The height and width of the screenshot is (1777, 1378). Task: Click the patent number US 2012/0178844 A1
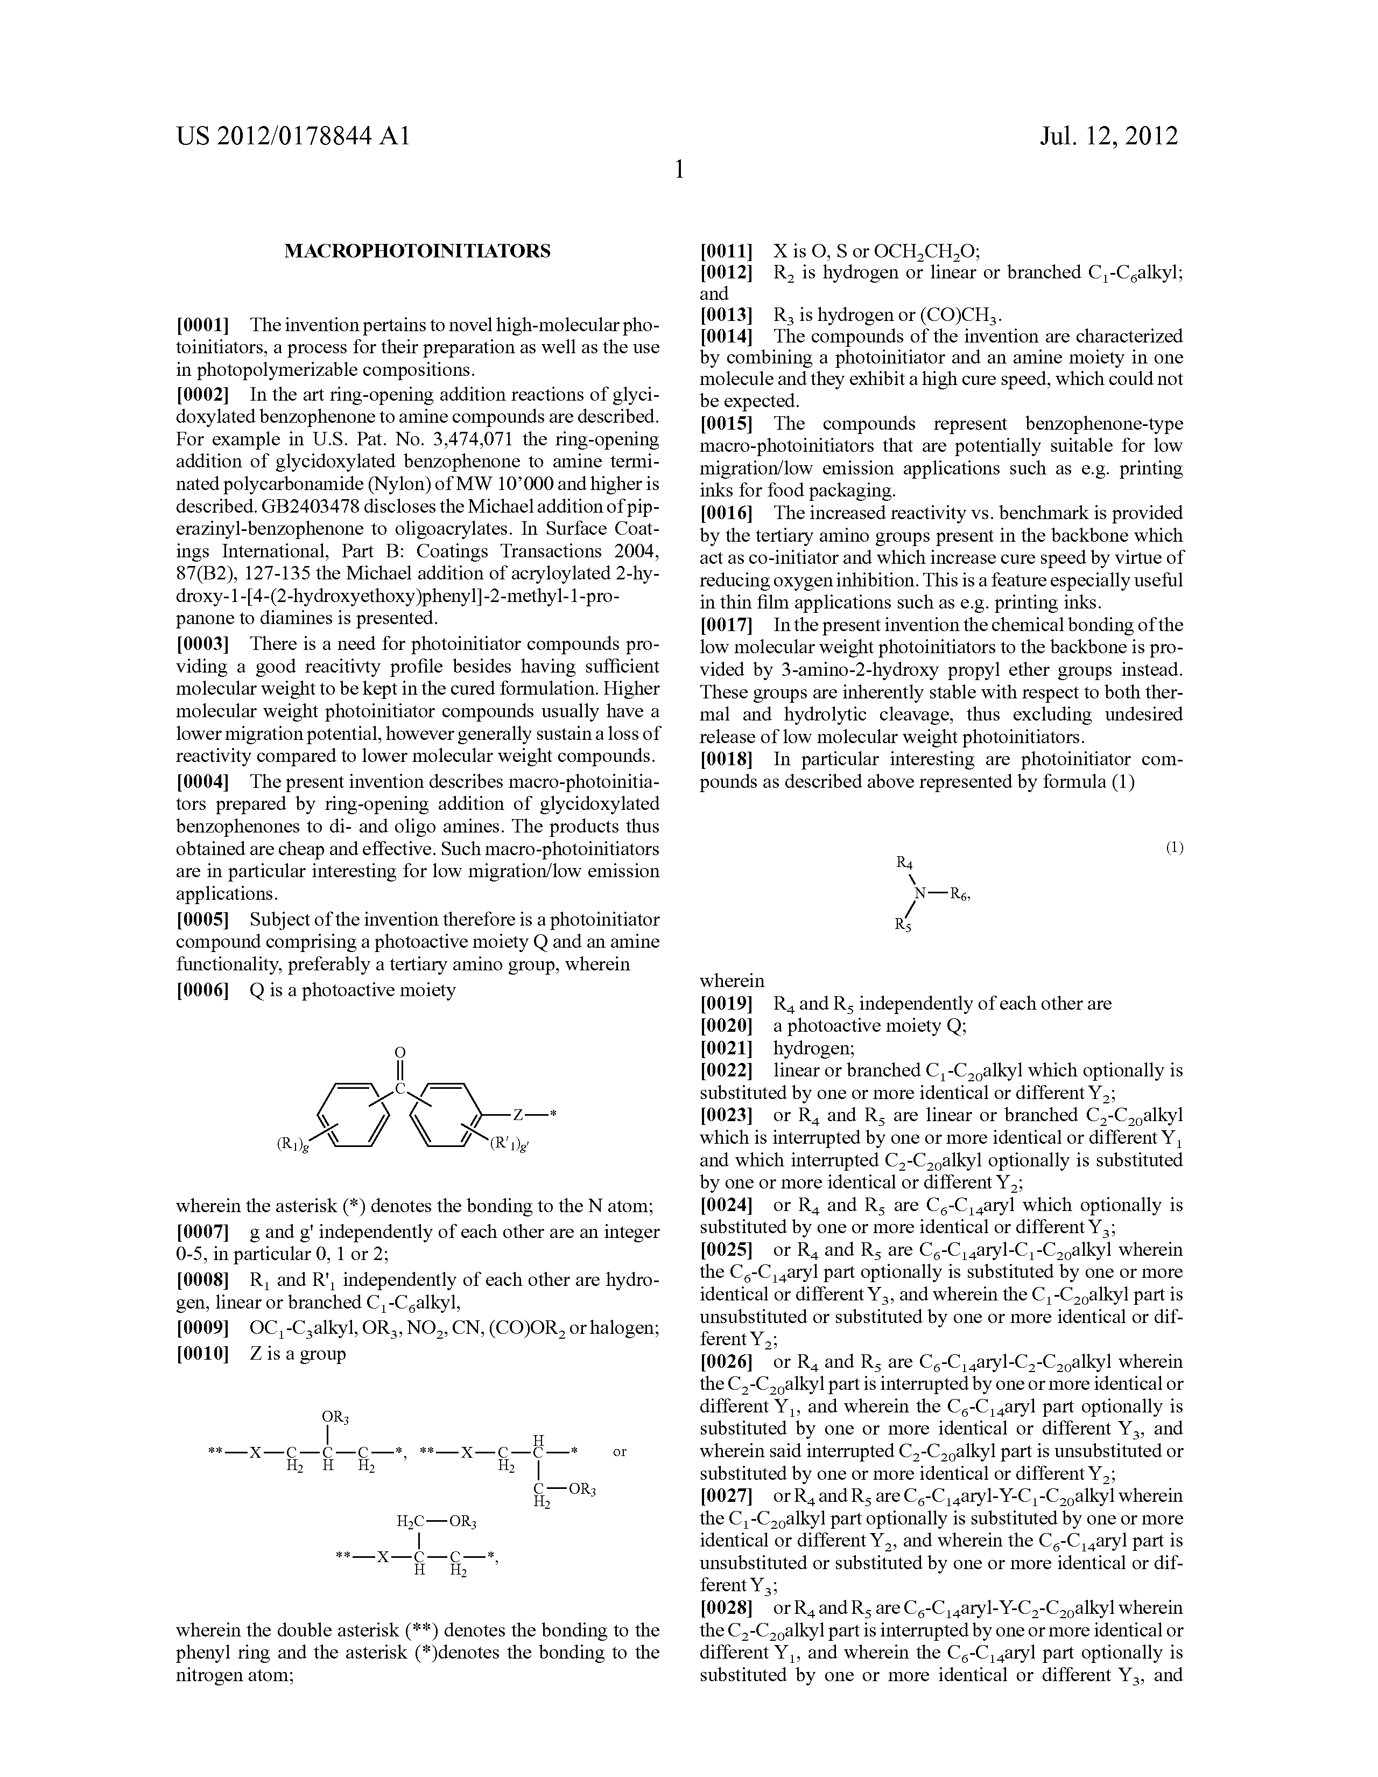[x=294, y=136]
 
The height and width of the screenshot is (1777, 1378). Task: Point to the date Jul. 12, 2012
[x=1109, y=136]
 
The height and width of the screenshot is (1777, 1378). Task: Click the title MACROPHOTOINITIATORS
[x=417, y=251]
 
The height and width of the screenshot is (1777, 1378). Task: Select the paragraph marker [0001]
[x=202, y=325]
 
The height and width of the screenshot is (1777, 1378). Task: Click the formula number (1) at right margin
[x=1174, y=848]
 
